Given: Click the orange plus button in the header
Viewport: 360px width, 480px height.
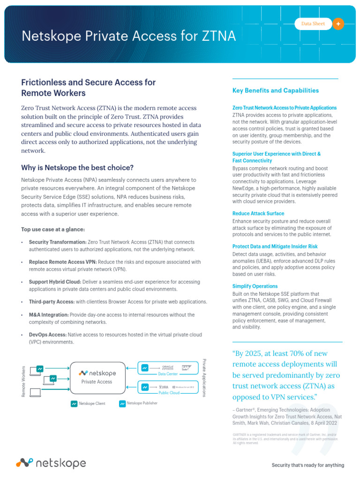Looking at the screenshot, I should tap(338, 24).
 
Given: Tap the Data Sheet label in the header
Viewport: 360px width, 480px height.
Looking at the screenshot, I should tap(313, 24).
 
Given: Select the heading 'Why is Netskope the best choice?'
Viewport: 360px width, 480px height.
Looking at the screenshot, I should tap(77, 167).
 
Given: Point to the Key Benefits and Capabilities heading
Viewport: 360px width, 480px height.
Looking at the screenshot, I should tap(275, 90).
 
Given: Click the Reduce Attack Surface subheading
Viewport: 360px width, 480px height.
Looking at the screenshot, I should tap(258, 213).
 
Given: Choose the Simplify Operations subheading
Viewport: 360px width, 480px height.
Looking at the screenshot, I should tap(255, 286).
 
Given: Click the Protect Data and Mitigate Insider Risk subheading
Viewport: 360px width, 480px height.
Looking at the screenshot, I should tap(275, 246).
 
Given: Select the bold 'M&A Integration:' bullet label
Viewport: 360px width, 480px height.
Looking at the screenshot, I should tap(48, 315).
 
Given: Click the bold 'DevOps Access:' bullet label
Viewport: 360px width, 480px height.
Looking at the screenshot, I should tap(47, 335).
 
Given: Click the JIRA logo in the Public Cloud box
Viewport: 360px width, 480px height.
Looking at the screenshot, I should tap(164, 387).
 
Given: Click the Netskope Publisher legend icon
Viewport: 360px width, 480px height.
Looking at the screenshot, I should tap(122, 403).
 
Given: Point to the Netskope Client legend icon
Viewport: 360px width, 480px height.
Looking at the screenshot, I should tap(74, 404).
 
